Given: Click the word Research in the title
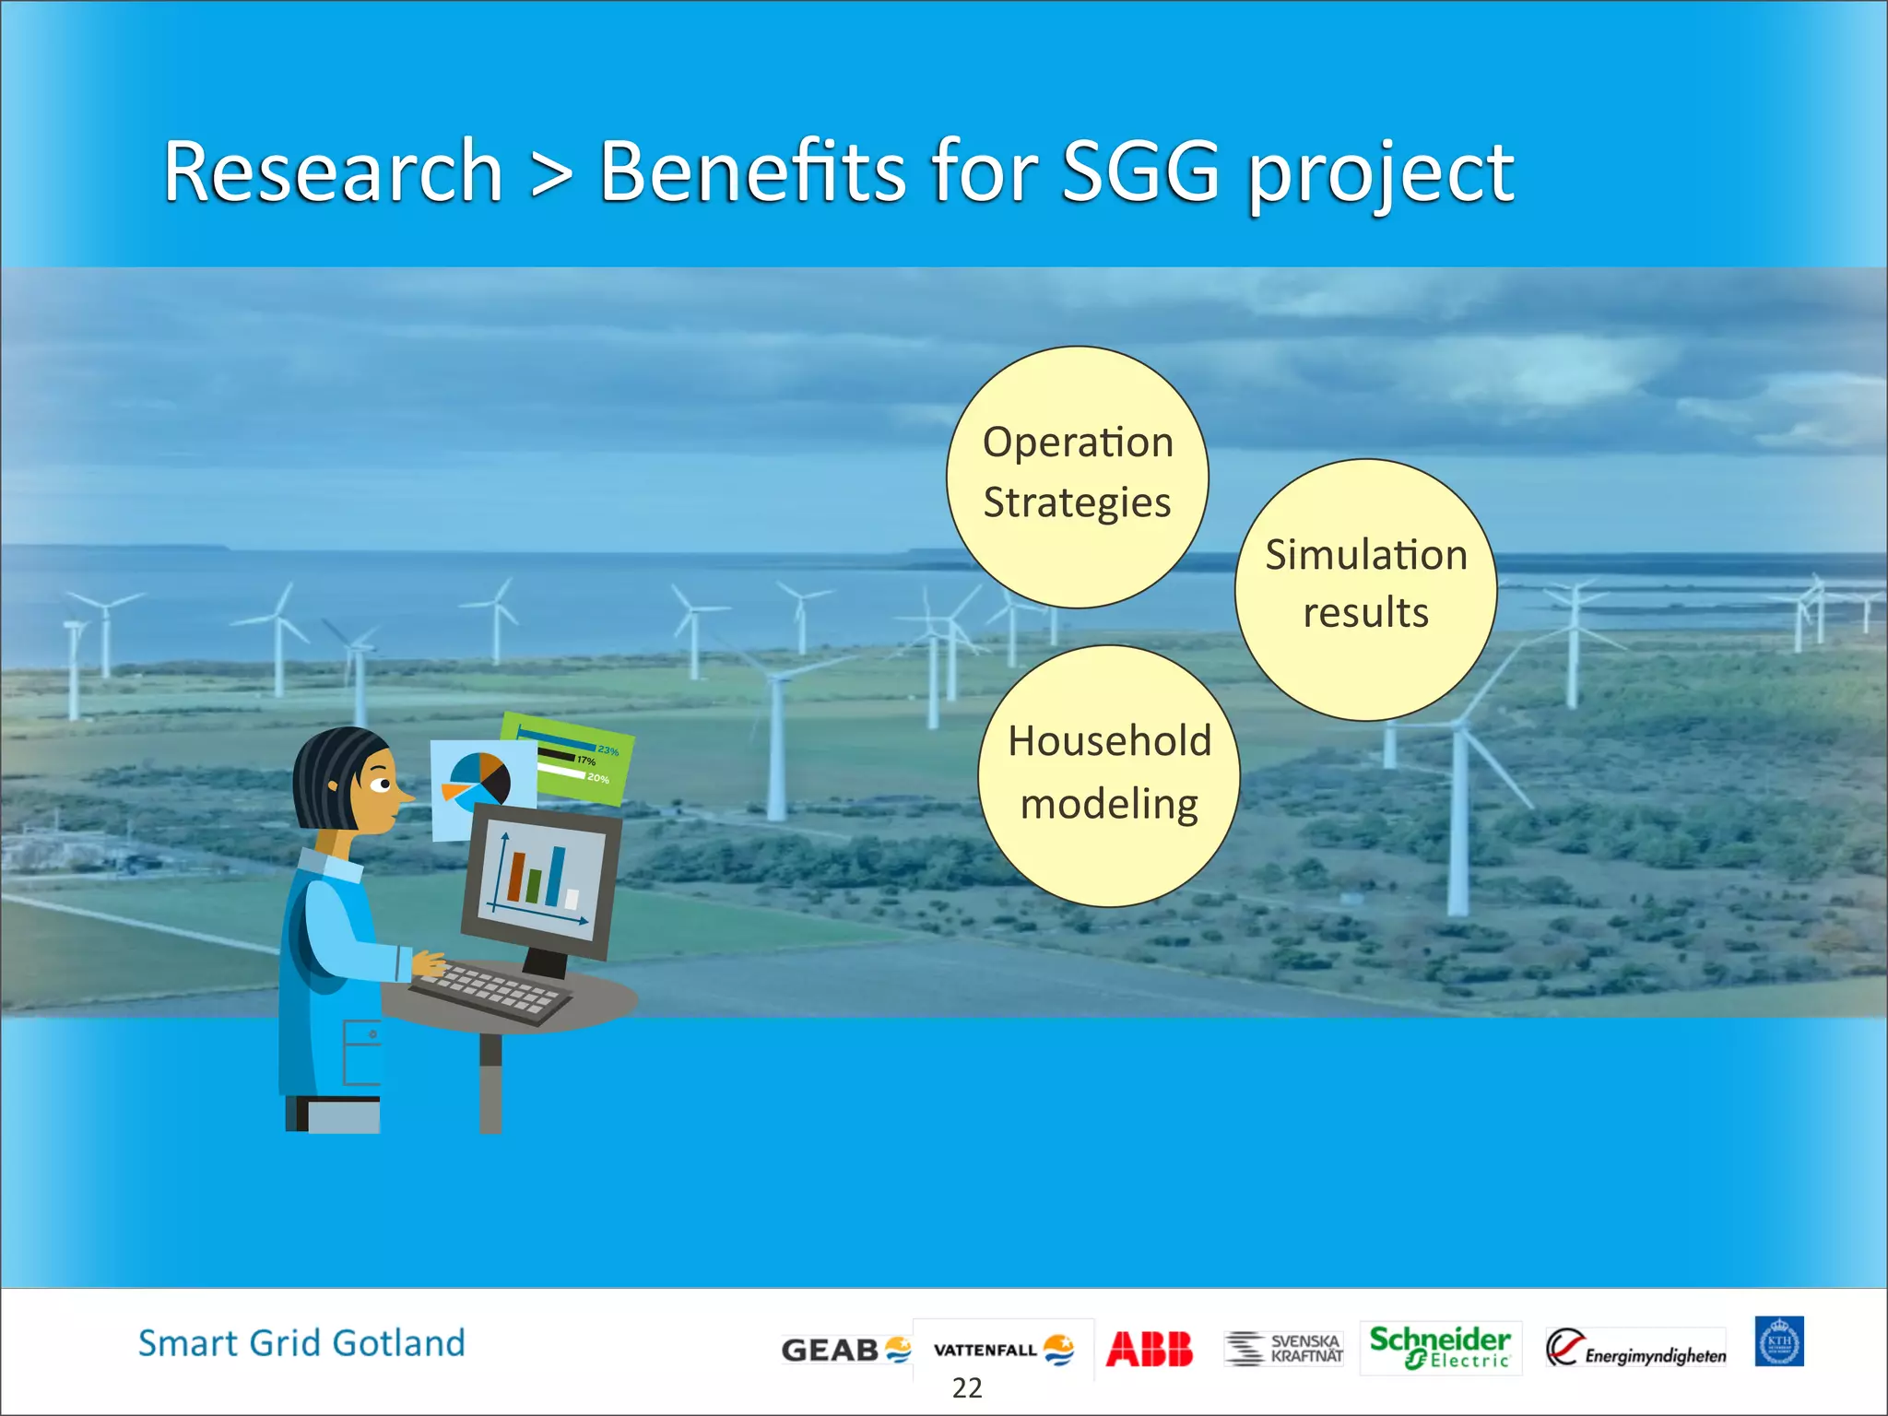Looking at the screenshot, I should pyautogui.click(x=333, y=172).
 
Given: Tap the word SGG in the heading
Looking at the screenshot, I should pyautogui.click(x=1140, y=172).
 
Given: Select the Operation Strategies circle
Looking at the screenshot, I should pyautogui.click(x=1077, y=477).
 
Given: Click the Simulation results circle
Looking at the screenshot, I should pyautogui.click(x=1365, y=589).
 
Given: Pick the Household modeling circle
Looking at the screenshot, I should pyautogui.click(x=1109, y=775).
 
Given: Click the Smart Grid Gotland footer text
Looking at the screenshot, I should pyautogui.click(x=301, y=1343).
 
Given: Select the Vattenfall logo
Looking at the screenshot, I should pyautogui.click(x=1003, y=1350).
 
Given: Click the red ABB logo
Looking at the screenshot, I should pyautogui.click(x=1149, y=1349).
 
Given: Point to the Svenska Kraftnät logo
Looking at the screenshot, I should pyautogui.click(x=1283, y=1348).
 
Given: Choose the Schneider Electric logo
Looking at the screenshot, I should pyautogui.click(x=1440, y=1347).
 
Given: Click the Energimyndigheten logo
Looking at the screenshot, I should pyautogui.click(x=1635, y=1350).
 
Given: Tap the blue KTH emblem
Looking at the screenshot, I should pyautogui.click(x=1778, y=1341).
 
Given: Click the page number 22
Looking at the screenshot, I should pyautogui.click(x=967, y=1388).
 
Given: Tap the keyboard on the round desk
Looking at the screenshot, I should pyautogui.click(x=491, y=991).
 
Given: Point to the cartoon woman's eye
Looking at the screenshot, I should pyautogui.click(x=381, y=785).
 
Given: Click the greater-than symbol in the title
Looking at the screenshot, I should pyautogui.click(x=550, y=172).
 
